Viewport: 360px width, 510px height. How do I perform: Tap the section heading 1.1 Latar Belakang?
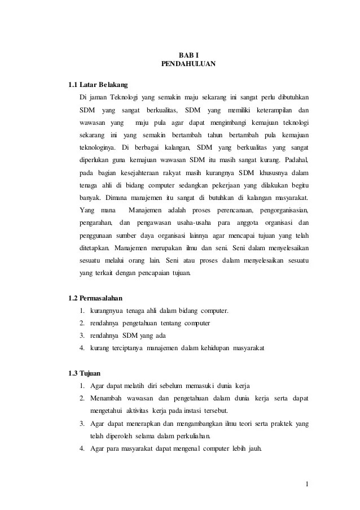98,85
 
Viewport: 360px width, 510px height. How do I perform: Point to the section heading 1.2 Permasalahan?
95,298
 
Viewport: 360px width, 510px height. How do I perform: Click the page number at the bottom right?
306,484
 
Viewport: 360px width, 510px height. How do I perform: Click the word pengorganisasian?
284,211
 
